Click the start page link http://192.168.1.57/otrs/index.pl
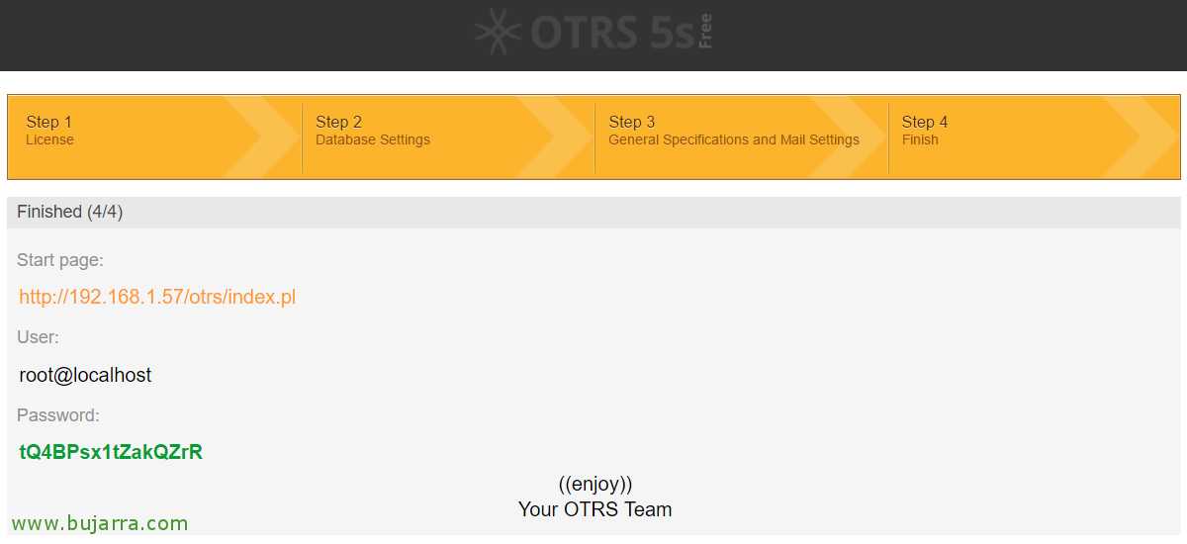157,297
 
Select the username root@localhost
85,375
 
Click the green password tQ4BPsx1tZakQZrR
111,452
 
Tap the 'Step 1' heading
48,122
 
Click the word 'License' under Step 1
49,139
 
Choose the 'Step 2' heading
338,122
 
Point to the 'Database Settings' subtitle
373,139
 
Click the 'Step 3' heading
632,122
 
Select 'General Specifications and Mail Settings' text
734,139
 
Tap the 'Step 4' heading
925,122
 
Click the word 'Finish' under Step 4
920,139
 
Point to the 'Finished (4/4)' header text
70,212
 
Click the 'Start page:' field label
60,260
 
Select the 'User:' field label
39,337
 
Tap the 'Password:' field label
58,415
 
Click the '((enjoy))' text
595,484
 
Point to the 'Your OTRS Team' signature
595,509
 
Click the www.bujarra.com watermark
100,523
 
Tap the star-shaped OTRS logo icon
499,32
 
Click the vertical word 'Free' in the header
705,32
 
